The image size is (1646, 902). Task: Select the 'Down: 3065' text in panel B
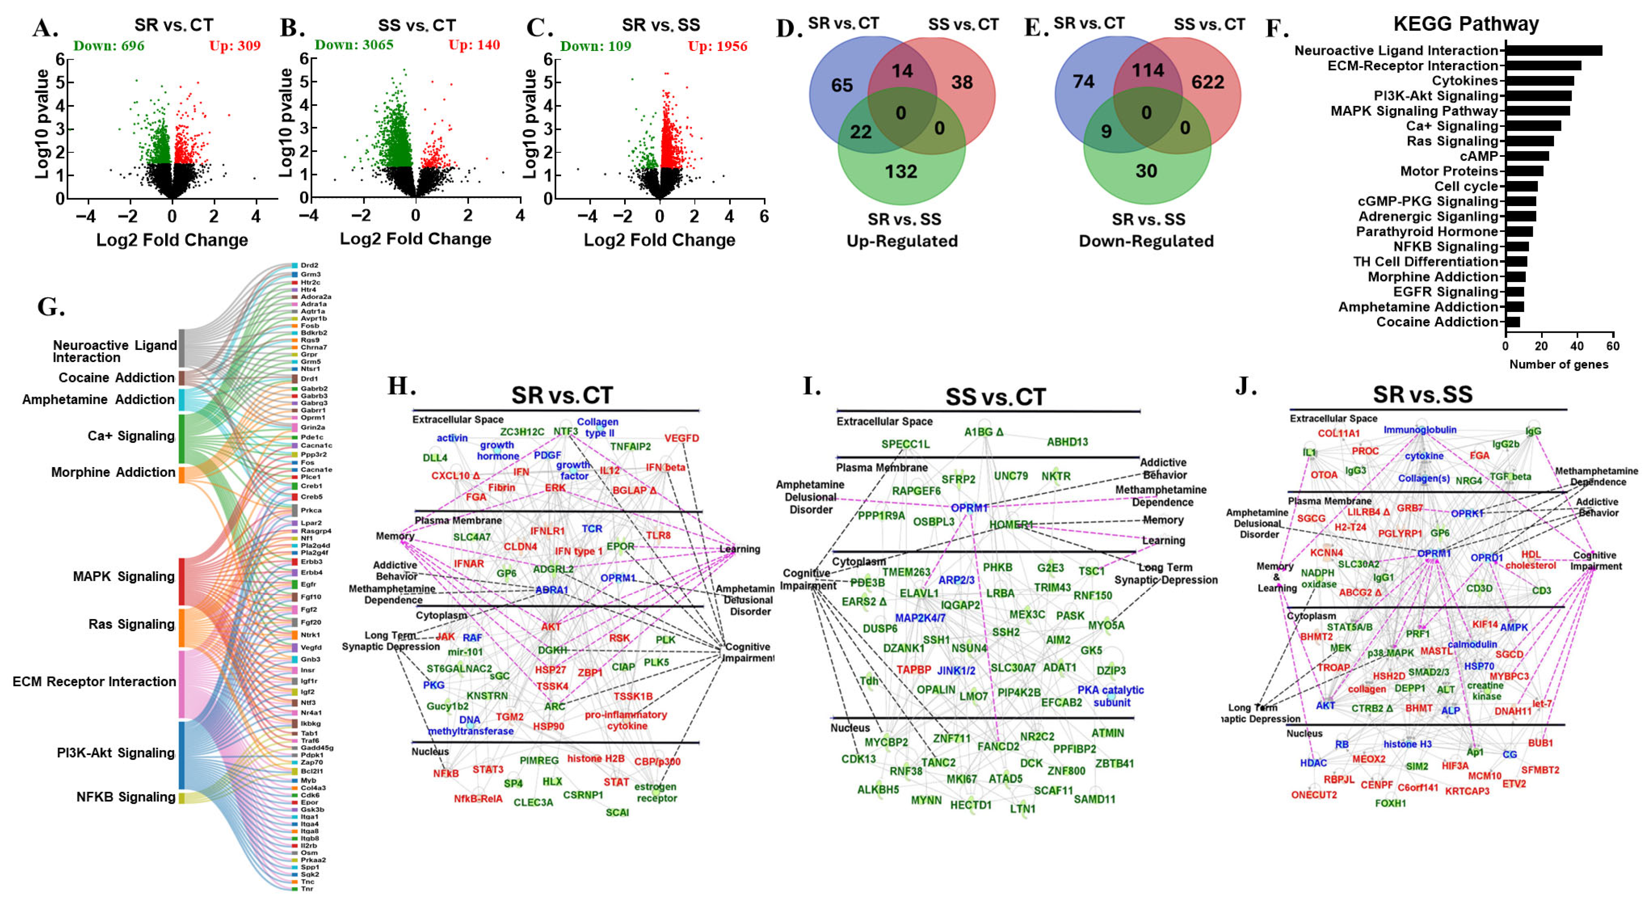[354, 45]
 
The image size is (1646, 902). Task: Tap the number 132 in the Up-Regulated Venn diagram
[901, 171]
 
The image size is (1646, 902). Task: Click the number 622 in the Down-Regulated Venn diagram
[1207, 82]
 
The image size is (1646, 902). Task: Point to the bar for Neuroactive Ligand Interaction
[1553, 51]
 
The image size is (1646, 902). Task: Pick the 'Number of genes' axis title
[1558, 364]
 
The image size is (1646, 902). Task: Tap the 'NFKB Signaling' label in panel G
[126, 797]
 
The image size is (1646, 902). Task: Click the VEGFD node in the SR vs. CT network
[681, 438]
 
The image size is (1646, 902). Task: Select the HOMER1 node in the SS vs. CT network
[1011, 524]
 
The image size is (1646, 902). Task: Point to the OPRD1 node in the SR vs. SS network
[1486, 558]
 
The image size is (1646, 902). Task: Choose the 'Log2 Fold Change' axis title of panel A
[172, 240]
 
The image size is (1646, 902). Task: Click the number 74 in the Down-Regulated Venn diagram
[1084, 82]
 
